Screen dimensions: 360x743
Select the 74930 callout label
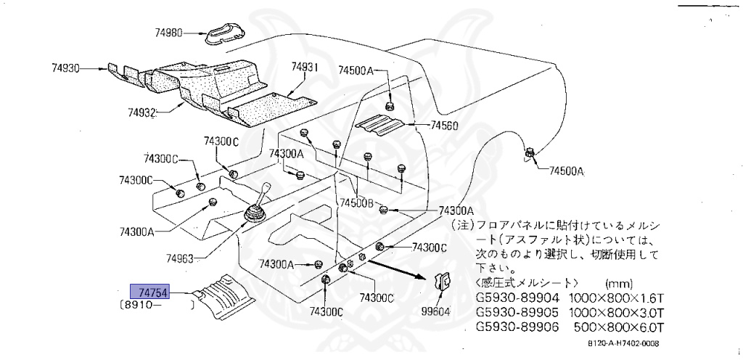coord(65,68)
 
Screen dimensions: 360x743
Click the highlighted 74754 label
coord(149,292)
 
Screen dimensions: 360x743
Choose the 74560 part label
coord(444,125)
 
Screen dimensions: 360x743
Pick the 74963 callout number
coord(180,258)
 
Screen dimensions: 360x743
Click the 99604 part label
coord(438,311)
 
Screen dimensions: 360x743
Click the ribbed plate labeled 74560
coord(384,125)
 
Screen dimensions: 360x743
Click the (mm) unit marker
coord(618,283)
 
